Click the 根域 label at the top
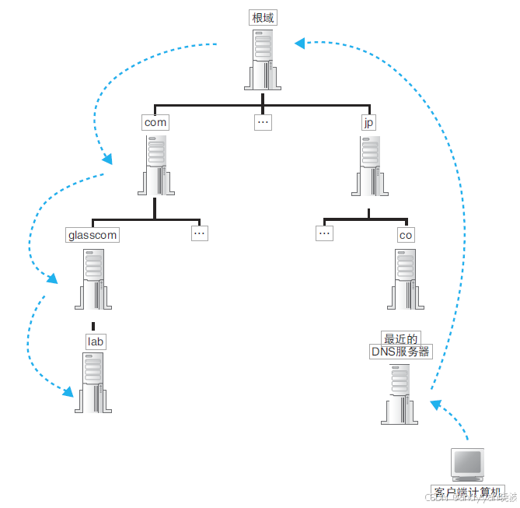coord(263,18)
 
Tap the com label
coord(155,122)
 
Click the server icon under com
coord(156,166)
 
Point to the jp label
coord(368,122)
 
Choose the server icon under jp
coord(372,166)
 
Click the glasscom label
coord(92,234)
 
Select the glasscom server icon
coord(93,279)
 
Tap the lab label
coord(96,342)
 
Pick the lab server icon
coord(93,382)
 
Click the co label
coord(406,234)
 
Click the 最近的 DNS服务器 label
coord(400,345)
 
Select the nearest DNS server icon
coord(400,393)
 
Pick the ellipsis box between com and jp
coord(263,122)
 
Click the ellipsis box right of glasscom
coord(200,232)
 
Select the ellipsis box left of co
coord(325,232)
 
